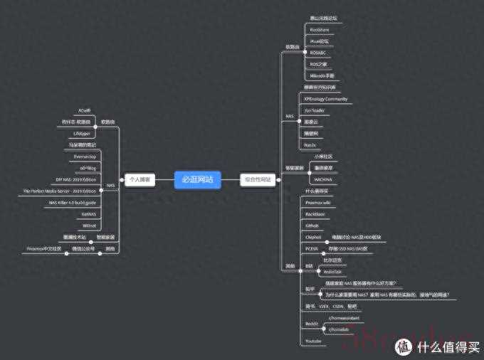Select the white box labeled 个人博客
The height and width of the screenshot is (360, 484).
point(140,180)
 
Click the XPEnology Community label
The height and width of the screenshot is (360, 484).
point(325,99)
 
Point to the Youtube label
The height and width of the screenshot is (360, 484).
point(313,342)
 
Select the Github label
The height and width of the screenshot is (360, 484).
point(312,225)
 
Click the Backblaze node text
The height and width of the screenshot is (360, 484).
point(315,213)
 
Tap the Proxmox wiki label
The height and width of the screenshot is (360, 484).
point(317,202)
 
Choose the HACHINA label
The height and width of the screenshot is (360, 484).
point(323,179)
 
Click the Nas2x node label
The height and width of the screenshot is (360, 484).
point(310,144)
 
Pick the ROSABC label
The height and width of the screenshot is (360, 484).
point(317,53)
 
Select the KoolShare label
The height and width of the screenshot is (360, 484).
point(320,30)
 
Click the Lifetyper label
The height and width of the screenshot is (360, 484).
point(82,133)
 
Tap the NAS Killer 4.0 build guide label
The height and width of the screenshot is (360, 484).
point(72,203)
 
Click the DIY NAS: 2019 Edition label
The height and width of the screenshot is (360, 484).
point(75,179)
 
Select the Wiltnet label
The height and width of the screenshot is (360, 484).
point(88,226)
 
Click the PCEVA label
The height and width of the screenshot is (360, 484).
point(311,248)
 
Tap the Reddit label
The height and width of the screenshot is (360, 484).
point(311,323)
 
